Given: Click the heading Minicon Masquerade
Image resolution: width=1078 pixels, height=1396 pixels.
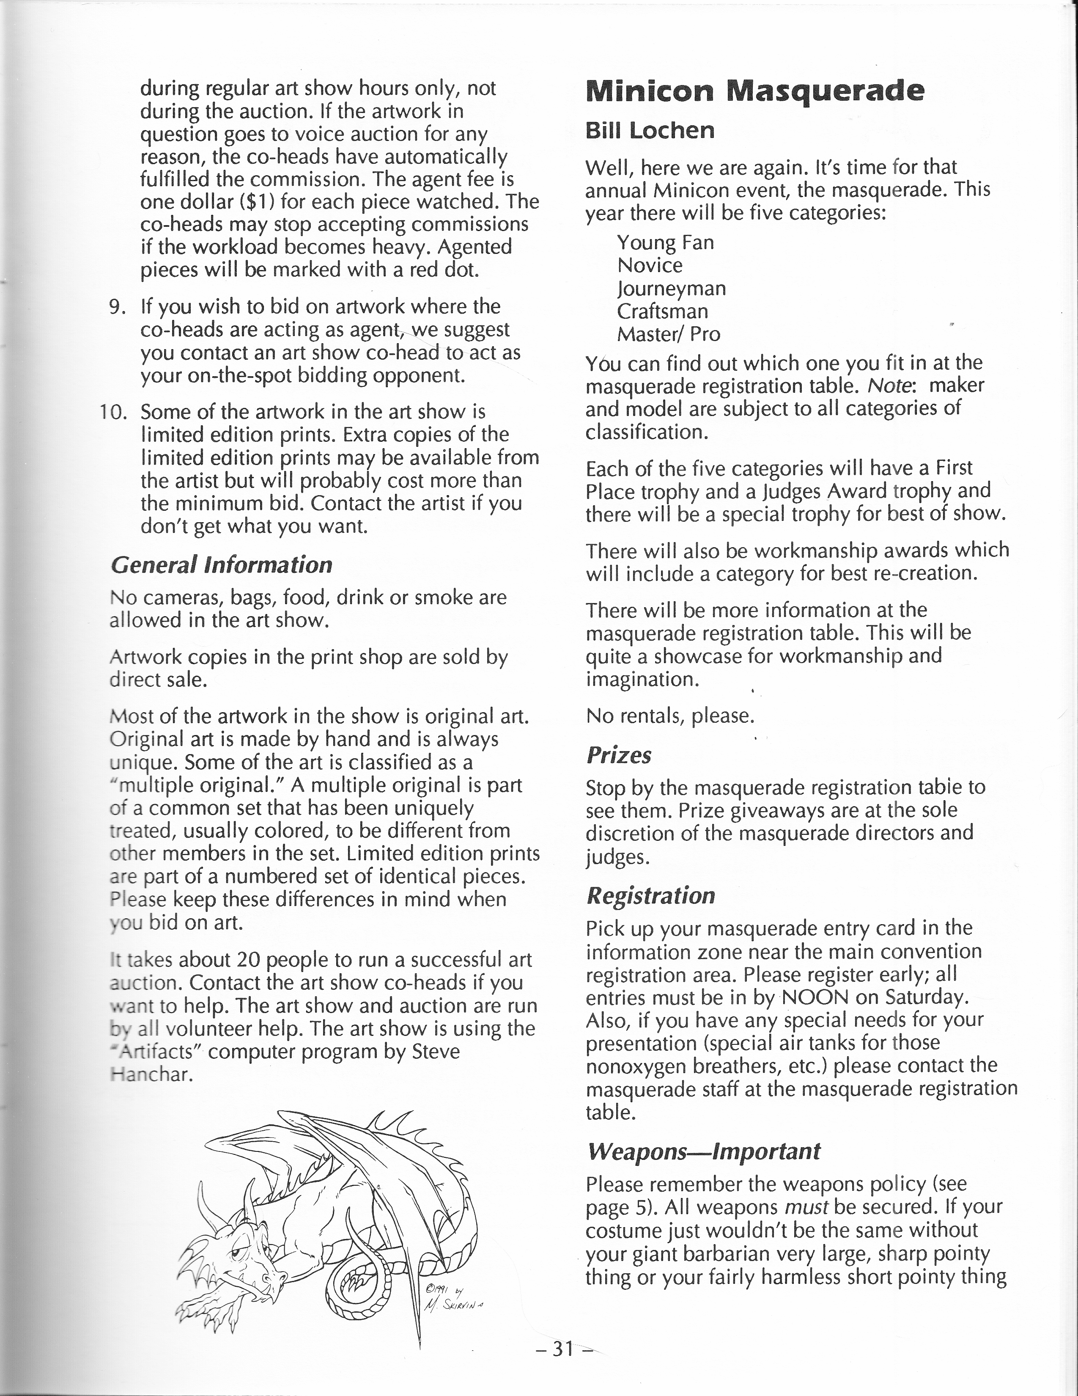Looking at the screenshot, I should [x=754, y=91].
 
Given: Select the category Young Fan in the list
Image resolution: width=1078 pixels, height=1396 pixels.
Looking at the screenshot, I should [x=665, y=243].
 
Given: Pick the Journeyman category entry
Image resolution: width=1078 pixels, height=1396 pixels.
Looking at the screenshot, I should [x=671, y=289].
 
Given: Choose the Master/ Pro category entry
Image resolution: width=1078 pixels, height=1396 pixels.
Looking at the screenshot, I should [x=668, y=334].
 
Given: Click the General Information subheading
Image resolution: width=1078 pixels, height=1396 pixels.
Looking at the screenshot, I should [x=221, y=565].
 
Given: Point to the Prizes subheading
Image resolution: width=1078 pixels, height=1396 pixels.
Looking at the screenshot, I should [x=619, y=755].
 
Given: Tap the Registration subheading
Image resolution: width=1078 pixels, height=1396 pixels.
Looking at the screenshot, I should [x=650, y=895].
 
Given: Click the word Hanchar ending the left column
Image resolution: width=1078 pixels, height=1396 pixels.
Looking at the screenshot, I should [x=151, y=1074].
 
